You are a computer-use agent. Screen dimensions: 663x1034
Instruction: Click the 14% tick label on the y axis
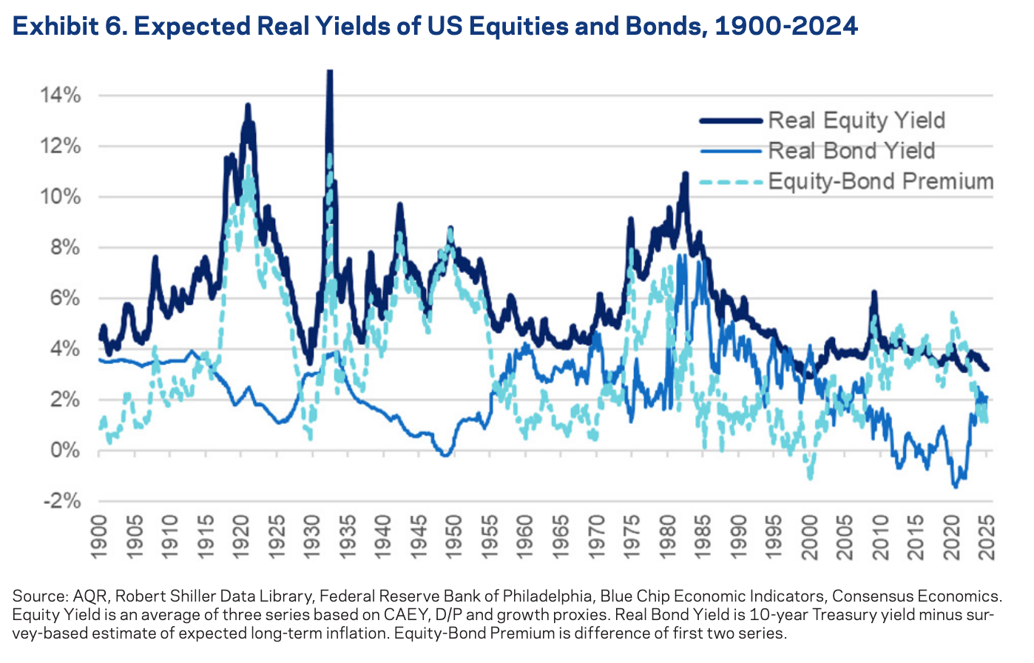coord(61,96)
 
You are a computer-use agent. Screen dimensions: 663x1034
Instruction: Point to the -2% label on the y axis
coord(61,502)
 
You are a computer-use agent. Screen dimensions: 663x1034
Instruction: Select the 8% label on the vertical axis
coord(65,248)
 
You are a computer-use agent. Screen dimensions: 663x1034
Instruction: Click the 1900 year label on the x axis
coord(99,531)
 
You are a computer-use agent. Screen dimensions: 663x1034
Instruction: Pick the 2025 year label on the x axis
coord(987,531)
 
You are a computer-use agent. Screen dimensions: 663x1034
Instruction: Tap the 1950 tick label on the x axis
coord(454,531)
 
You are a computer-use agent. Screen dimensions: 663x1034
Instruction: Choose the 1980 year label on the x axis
coord(667,531)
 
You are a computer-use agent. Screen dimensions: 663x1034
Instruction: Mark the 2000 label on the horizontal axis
coord(809,531)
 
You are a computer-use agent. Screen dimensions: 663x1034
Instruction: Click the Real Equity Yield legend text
coord(856,121)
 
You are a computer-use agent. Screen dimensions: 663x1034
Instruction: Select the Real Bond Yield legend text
coord(851,151)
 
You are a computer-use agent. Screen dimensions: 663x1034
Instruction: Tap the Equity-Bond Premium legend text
coord(880,181)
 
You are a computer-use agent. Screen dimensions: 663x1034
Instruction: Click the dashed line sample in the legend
coord(730,181)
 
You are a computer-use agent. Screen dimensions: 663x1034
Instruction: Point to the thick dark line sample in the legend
coord(730,121)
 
